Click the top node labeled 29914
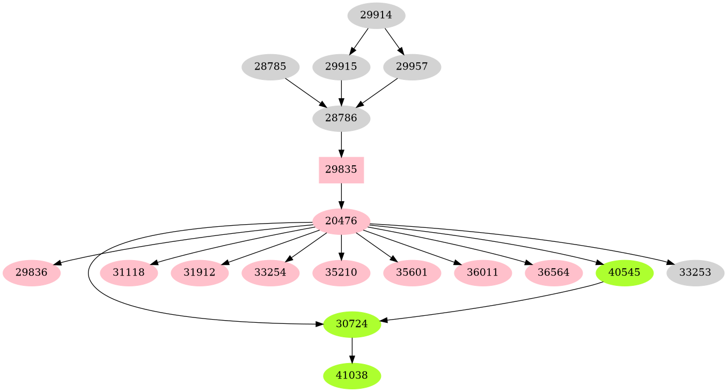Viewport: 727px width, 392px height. click(376, 16)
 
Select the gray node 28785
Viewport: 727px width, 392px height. click(270, 67)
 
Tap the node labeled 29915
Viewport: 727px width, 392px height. click(341, 67)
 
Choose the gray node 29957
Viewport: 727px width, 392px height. click(412, 67)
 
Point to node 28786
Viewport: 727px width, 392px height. click(341, 119)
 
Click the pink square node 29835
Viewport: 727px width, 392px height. click(341, 170)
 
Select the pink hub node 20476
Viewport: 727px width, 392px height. click(341, 221)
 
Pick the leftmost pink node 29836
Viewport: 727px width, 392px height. click(32, 272)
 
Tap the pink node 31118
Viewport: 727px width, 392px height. click(129, 272)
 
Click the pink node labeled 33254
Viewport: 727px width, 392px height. click(270, 272)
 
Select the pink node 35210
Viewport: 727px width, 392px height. click(341, 272)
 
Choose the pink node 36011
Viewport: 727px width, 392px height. click(483, 272)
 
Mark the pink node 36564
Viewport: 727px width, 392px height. click(554, 272)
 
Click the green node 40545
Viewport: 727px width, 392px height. click(625, 272)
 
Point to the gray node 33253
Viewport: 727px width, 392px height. click(695, 272)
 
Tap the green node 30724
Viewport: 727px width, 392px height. click(352, 324)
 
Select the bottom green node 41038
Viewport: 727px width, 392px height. click(352, 375)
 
